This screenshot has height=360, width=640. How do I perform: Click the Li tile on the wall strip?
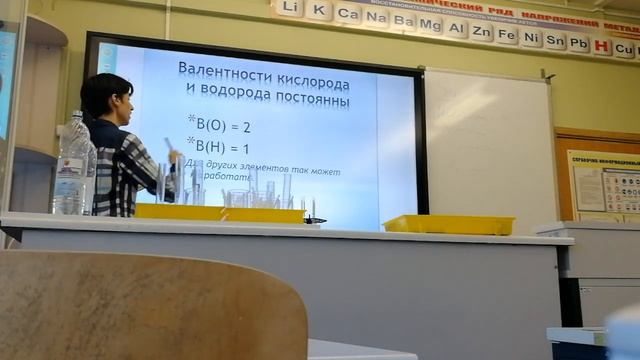(290, 8)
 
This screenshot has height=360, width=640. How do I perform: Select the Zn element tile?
(482, 32)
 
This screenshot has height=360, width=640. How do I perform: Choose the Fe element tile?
(507, 35)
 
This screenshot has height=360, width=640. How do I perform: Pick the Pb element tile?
(579, 42)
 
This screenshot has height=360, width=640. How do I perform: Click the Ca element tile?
(348, 14)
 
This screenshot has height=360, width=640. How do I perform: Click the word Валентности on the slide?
(225, 69)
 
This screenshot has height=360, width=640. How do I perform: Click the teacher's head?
(107, 96)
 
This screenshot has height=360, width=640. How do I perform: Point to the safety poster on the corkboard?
(606, 184)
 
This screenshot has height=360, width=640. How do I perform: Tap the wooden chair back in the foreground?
(150, 306)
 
